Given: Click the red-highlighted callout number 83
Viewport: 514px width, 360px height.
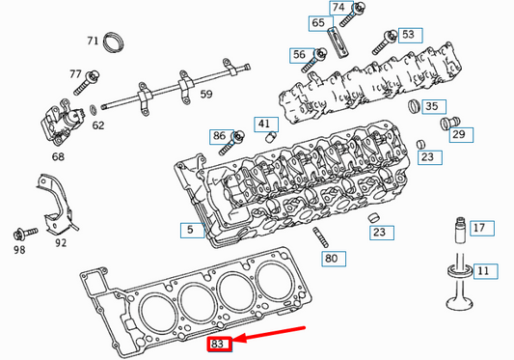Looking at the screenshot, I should pyautogui.click(x=219, y=343).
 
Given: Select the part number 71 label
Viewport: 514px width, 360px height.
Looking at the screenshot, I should pyautogui.click(x=93, y=41).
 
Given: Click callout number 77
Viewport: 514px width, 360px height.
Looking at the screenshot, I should pyautogui.click(x=76, y=74).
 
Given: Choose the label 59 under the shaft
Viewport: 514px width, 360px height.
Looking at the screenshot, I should pyautogui.click(x=205, y=94).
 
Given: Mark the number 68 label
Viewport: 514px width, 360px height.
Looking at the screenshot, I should pyautogui.click(x=58, y=155).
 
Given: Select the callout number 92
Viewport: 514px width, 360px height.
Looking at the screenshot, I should pyautogui.click(x=61, y=243).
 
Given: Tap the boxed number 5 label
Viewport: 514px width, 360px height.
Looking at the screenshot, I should pyautogui.click(x=190, y=230).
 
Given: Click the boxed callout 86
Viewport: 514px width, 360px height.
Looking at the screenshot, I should pyautogui.click(x=219, y=136).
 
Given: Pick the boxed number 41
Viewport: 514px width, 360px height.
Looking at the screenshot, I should pyautogui.click(x=264, y=124).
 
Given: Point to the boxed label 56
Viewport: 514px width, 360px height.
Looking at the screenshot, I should pyautogui.click(x=299, y=55).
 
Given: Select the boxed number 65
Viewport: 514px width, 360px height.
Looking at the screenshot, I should pyautogui.click(x=318, y=22).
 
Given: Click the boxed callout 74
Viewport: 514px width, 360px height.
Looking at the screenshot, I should pyautogui.click(x=338, y=8).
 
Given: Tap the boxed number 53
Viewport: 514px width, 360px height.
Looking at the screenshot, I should pyautogui.click(x=409, y=35).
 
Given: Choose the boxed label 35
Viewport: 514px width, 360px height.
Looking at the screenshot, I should pyautogui.click(x=431, y=106).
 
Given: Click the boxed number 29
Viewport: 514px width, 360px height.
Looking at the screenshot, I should pyautogui.click(x=459, y=135).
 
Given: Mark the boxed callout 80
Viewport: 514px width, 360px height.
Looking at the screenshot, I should pyautogui.click(x=332, y=259).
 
